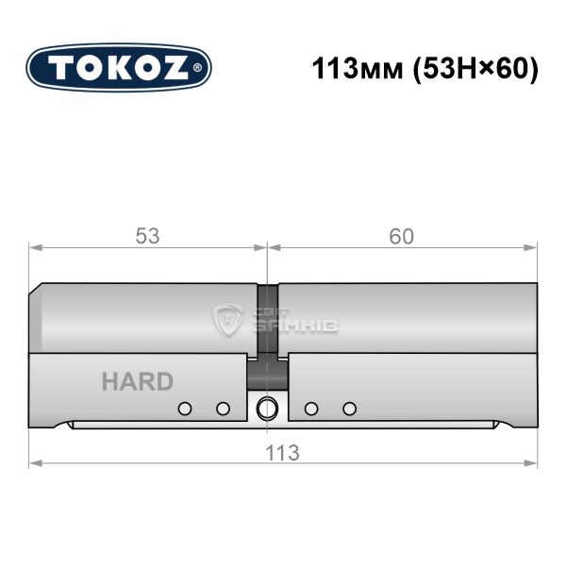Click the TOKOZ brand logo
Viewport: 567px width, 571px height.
click(x=119, y=68)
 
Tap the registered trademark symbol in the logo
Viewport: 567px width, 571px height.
click(x=197, y=68)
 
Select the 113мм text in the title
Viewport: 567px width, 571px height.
click(x=358, y=69)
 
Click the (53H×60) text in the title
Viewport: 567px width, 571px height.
click(x=475, y=69)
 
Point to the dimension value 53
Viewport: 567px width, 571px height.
click(x=147, y=236)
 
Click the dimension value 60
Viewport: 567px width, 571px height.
click(x=401, y=236)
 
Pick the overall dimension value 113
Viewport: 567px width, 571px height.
click(x=282, y=453)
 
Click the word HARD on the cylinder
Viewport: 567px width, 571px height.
click(x=138, y=381)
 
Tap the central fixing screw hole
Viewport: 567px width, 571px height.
click(x=267, y=408)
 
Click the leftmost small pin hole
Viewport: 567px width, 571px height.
click(x=185, y=409)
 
